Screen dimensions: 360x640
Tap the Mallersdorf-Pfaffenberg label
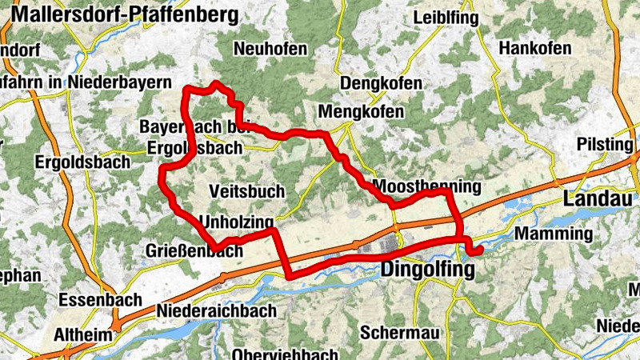tap(125, 14)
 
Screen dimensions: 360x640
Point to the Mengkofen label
tap(361, 112)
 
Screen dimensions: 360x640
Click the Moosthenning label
tap(426, 186)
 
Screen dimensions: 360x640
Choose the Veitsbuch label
tap(246, 192)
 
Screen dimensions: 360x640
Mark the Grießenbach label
tap(194, 251)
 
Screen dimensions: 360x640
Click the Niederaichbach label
tap(218, 310)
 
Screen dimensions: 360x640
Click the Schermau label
tap(398, 331)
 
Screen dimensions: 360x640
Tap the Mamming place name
tap(554, 234)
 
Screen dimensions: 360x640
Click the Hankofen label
tap(534, 49)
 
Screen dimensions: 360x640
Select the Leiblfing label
tap(446, 18)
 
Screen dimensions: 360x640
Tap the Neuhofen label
tap(270, 50)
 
